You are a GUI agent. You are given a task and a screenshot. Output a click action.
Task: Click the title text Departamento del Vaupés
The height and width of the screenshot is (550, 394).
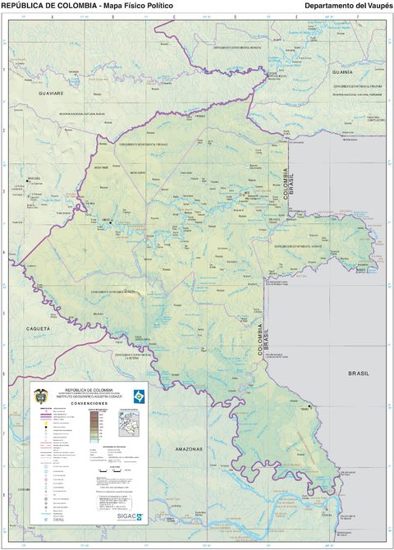coord(348,6)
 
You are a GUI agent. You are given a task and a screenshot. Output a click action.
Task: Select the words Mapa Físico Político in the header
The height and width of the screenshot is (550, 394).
coord(139,6)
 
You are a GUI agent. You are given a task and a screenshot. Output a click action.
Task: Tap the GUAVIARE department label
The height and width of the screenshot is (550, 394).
coord(39,94)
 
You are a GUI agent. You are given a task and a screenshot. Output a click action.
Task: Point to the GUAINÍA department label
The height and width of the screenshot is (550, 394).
coord(342,72)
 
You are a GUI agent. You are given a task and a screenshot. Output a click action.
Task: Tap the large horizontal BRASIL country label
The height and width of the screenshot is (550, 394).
coord(360,373)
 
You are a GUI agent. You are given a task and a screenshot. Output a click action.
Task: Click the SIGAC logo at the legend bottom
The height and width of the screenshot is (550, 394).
coord(128,517)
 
